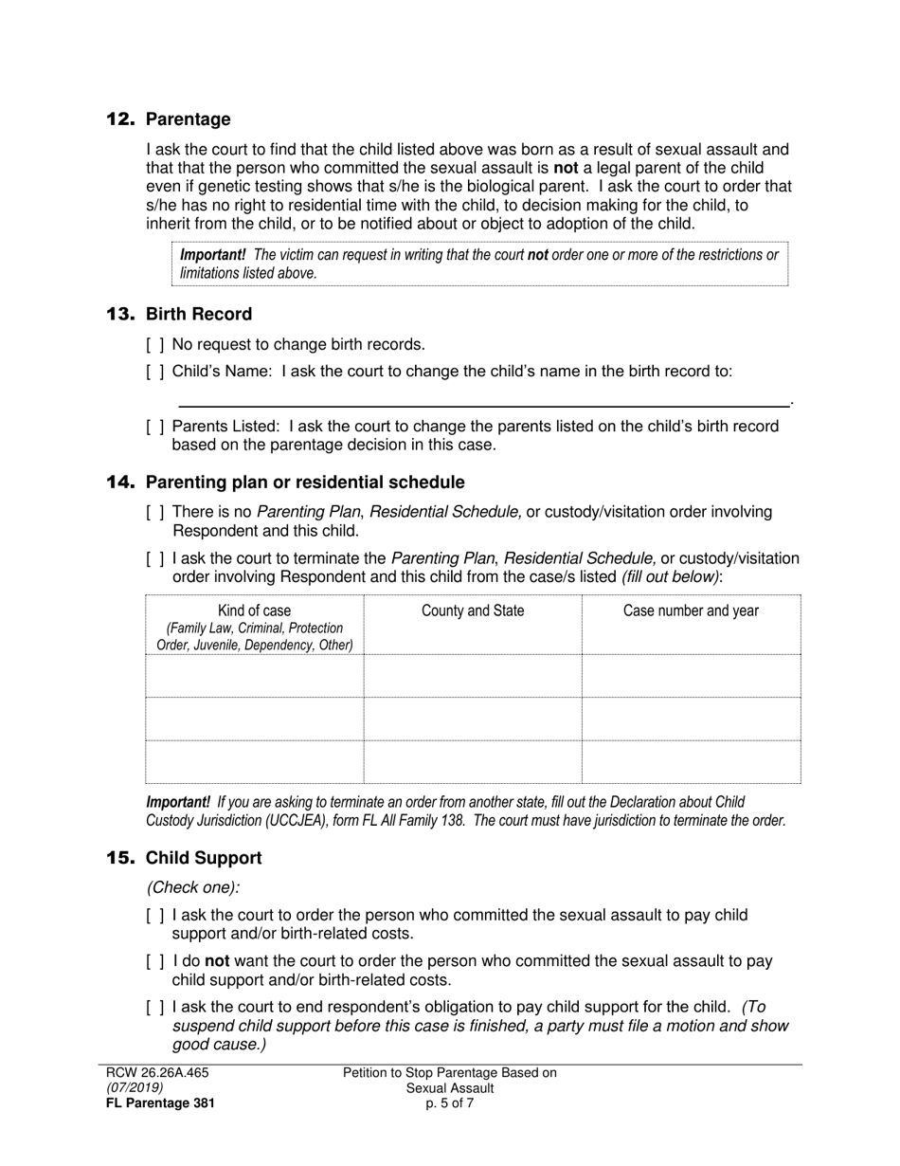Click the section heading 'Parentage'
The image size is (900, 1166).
[188, 119]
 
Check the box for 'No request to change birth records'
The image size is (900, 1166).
[155, 345]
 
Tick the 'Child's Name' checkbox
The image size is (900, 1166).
[155, 372]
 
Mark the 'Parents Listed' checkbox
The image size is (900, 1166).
[155, 427]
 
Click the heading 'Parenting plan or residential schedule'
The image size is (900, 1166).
[305, 483]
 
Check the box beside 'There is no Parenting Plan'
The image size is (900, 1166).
[155, 513]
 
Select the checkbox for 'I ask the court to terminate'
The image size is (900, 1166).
[155, 558]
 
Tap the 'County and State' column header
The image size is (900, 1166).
[472, 611]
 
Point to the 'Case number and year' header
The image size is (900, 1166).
[691, 611]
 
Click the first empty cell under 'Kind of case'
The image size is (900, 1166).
[255, 676]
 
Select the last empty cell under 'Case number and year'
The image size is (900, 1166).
[691, 762]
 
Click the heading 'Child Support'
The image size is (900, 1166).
[204, 858]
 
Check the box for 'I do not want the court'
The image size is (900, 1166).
[155, 961]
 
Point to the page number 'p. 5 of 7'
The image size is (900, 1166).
[450, 1103]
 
